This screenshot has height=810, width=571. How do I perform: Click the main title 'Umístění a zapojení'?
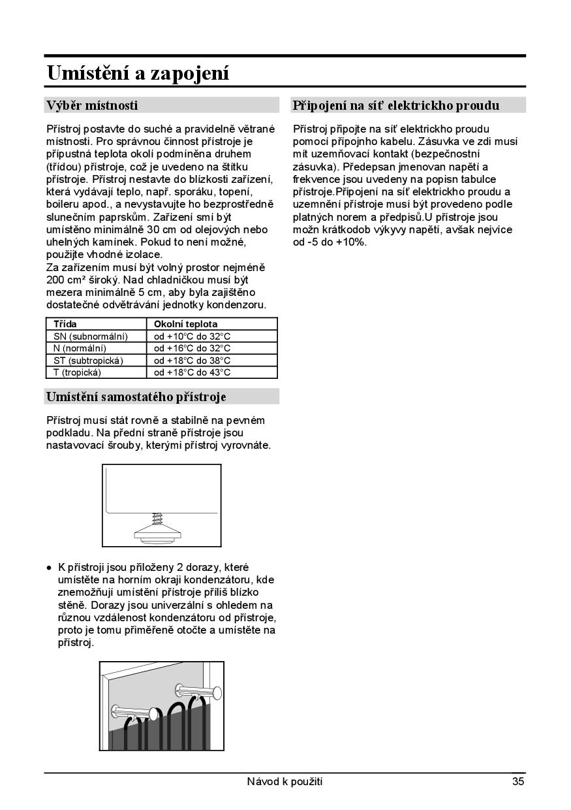(x=138, y=73)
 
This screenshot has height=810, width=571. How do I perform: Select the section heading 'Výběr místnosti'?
(x=91, y=105)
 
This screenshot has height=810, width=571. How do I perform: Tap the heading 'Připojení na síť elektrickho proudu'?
(x=396, y=105)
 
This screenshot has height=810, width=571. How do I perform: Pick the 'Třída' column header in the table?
(x=65, y=324)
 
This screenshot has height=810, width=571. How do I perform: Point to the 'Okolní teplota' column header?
(x=185, y=324)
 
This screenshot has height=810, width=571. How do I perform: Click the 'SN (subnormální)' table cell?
(x=90, y=336)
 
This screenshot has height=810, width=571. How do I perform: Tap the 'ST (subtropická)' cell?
(x=88, y=361)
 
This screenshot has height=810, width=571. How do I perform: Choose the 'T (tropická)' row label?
(x=78, y=372)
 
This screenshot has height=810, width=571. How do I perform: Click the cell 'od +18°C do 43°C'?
(x=192, y=372)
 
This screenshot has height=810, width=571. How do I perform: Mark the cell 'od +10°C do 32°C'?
(x=192, y=336)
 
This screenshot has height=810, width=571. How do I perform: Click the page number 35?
(x=518, y=781)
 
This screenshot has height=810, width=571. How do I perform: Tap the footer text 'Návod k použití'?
(x=285, y=781)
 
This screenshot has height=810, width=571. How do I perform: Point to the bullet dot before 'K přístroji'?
(x=49, y=567)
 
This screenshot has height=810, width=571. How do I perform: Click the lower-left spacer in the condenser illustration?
(x=134, y=711)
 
